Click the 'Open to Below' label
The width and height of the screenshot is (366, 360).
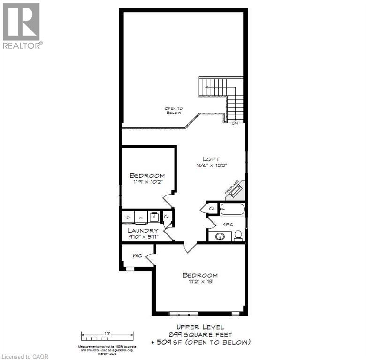point(173,111)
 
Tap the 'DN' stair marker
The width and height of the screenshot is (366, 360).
point(236,123)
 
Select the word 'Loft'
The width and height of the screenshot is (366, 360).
point(211,159)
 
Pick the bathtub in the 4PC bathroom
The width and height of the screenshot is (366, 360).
point(232,209)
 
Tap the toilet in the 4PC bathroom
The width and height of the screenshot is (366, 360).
point(238,234)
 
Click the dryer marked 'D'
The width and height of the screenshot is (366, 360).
point(128,217)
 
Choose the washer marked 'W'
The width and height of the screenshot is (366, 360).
point(140,217)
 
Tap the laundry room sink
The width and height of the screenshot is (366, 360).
point(153,217)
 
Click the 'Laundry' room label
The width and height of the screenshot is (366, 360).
point(143,231)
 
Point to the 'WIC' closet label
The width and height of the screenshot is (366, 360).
point(137,256)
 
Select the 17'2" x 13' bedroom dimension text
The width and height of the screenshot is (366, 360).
point(200,282)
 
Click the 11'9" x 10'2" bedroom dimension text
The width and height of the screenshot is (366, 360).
point(147,182)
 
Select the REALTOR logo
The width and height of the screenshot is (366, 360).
point(22,26)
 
